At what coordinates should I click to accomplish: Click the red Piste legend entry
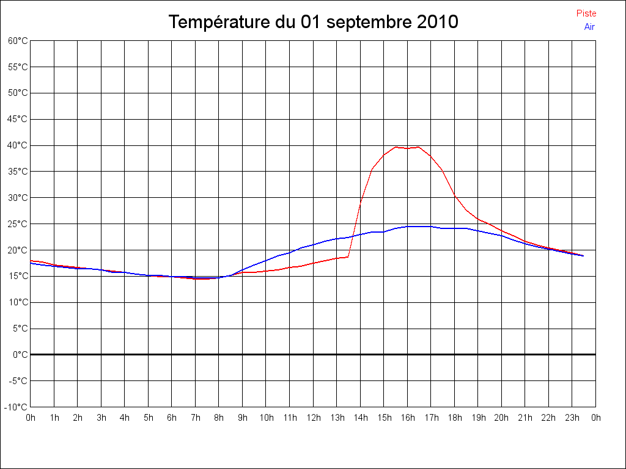(586, 13)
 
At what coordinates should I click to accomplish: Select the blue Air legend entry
(589, 27)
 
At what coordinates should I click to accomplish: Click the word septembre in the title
(369, 23)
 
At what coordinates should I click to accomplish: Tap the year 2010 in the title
(437, 23)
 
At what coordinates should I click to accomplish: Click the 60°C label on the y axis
(18, 41)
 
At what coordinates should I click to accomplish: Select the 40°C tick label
(18, 145)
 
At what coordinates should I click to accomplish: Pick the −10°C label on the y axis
(17, 407)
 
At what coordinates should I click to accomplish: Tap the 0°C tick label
(20, 354)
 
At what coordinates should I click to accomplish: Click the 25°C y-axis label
(18, 224)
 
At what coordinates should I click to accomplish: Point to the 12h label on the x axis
(313, 418)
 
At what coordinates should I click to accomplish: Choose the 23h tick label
(572, 418)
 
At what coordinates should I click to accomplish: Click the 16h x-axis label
(407, 418)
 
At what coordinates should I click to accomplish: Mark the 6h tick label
(172, 418)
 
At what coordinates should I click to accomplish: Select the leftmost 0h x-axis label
(31, 418)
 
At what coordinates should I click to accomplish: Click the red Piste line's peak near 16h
(419, 147)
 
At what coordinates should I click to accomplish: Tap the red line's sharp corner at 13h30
(348, 257)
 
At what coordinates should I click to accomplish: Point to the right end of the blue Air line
(583, 256)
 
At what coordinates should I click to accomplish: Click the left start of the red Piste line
(31, 260)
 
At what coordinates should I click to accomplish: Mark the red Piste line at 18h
(454, 195)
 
